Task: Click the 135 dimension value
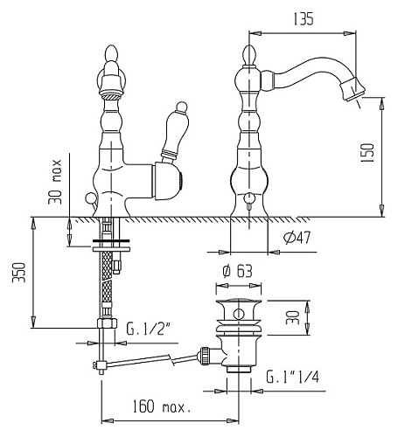pyautogui.click(x=304, y=19)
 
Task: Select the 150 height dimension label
pyautogui.click(x=367, y=153)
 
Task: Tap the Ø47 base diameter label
pyautogui.click(x=297, y=238)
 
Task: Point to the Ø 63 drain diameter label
pyautogui.click(x=237, y=272)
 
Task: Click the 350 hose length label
pyautogui.click(x=19, y=272)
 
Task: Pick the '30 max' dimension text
pyautogui.click(x=55, y=182)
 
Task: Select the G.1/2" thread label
pyautogui.click(x=149, y=329)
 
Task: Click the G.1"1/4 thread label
pyautogui.click(x=292, y=377)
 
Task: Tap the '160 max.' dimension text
pyautogui.click(x=162, y=406)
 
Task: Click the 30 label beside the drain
pyautogui.click(x=293, y=317)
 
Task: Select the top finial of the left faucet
pyautogui.click(x=111, y=53)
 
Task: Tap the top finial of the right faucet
pyautogui.click(x=249, y=54)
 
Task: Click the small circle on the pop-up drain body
pyautogui.click(x=239, y=314)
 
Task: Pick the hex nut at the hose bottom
pyautogui.click(x=107, y=323)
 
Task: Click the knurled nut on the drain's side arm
pyautogui.click(x=204, y=356)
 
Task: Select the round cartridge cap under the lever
pyautogui.click(x=167, y=181)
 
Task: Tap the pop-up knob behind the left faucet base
pyautogui.click(x=89, y=199)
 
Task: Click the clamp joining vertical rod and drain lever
pyautogui.click(x=100, y=364)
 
